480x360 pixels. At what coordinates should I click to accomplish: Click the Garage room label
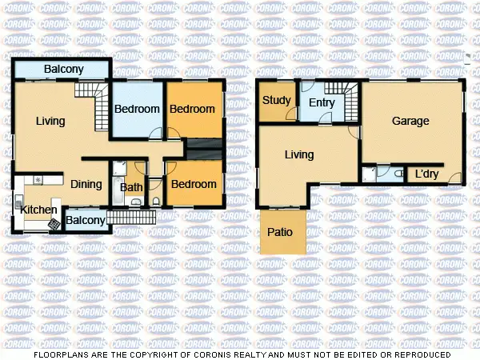410,122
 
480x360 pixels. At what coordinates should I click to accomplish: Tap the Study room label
276,101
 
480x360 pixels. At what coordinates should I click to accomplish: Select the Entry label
321,102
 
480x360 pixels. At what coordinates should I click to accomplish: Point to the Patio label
279,233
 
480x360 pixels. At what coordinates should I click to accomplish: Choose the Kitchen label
38,210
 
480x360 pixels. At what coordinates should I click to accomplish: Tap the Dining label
86,185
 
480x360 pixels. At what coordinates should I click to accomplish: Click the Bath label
130,188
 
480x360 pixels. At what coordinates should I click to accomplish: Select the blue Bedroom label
137,110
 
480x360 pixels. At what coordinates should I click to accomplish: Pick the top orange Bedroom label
193,109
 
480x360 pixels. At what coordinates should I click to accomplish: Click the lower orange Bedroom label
194,185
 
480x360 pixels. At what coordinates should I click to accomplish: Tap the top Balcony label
63,70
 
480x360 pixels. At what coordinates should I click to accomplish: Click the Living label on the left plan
50,122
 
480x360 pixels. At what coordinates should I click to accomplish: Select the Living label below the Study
299,155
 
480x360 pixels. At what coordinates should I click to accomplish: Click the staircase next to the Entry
350,102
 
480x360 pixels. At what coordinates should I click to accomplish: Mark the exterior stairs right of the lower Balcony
129,216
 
